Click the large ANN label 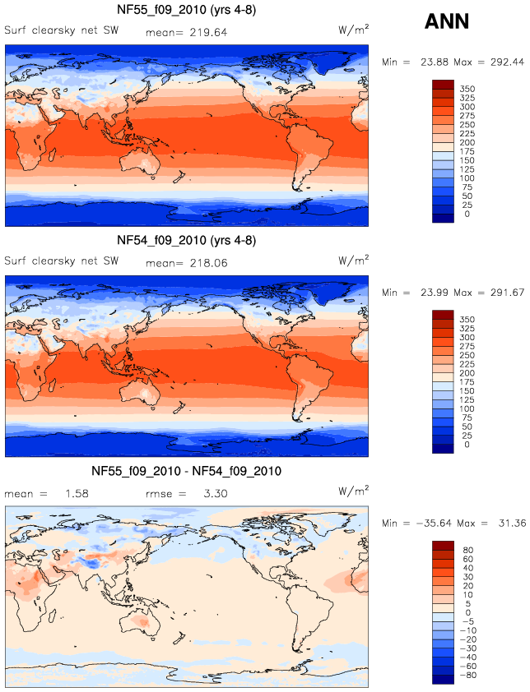[x=447, y=22]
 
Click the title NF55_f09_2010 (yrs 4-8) [x=186, y=11]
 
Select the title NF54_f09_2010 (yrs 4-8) [x=186, y=241]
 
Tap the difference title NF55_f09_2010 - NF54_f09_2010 [x=186, y=471]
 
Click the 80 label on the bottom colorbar [x=467, y=549]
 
